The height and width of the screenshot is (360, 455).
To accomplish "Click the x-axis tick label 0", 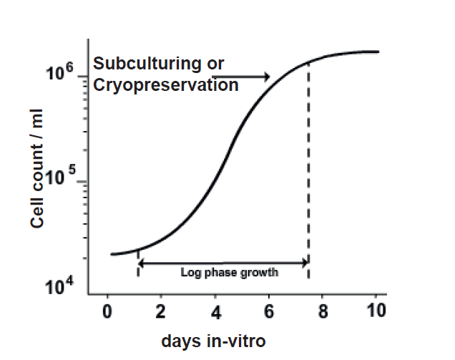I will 107,312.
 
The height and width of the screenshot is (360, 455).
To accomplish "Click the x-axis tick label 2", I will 161,312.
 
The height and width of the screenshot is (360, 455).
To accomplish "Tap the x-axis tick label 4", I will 215,312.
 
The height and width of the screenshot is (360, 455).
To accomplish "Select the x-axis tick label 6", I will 269,312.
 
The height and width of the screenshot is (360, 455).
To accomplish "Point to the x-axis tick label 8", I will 323,312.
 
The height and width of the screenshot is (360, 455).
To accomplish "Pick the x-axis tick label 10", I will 376,312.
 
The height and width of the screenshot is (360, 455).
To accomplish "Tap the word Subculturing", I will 147,64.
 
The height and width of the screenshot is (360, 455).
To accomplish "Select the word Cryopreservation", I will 166,85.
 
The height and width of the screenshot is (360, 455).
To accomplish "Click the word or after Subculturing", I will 215,64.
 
